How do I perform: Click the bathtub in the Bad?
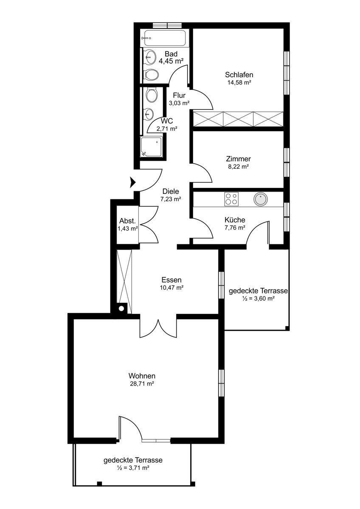165,38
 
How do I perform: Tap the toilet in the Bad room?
151,74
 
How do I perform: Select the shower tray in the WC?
151,147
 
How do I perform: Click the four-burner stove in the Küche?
231,199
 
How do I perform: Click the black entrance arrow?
132,182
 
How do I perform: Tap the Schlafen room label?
239,75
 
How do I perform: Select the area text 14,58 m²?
239,82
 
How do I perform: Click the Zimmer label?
238,159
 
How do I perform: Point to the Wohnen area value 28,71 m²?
142,383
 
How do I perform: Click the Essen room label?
172,280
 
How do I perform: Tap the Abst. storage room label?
128,221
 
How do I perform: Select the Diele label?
171,191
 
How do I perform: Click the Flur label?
179,95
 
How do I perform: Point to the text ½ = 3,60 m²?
258,298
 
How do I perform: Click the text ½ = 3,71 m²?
133,467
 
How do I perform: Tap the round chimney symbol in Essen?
121,309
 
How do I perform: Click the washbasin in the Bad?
150,56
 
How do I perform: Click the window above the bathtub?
167,25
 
